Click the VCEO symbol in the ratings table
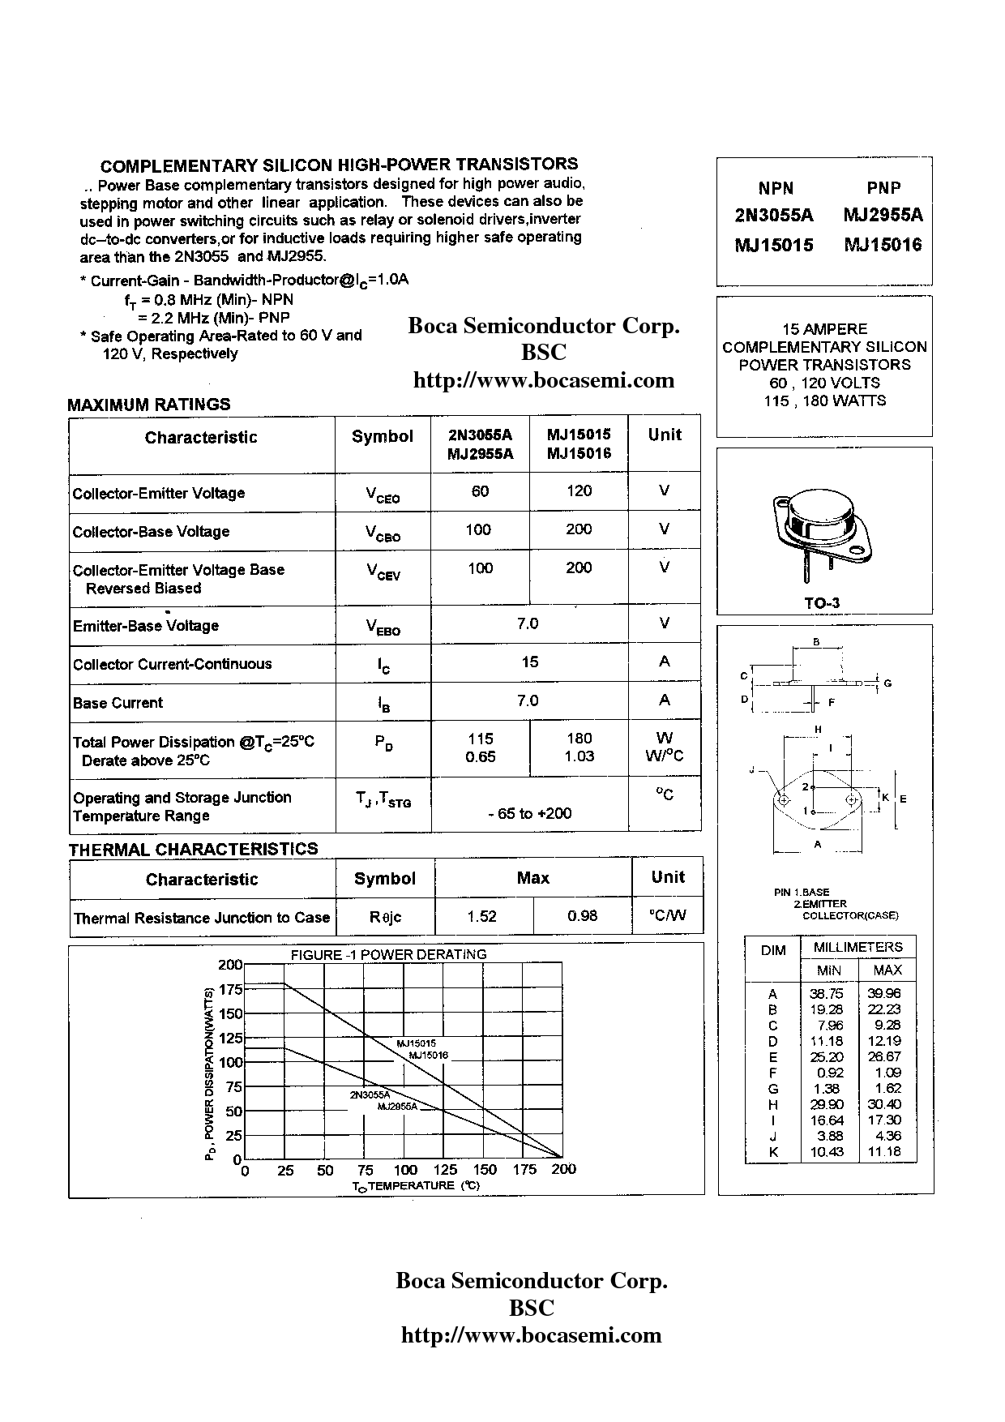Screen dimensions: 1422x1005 click(383, 494)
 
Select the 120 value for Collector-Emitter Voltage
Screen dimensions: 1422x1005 click(579, 490)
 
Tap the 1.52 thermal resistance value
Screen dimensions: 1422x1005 click(482, 916)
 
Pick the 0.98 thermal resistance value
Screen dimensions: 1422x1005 click(582, 916)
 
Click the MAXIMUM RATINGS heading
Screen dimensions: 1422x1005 click(149, 404)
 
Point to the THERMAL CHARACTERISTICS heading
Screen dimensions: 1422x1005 click(193, 849)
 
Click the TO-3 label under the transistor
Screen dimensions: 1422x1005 click(822, 603)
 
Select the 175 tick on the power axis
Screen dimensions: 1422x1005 click(231, 989)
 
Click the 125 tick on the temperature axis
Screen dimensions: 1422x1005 click(445, 1170)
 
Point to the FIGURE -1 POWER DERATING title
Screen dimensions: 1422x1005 click(388, 955)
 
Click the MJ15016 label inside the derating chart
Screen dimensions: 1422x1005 click(428, 1056)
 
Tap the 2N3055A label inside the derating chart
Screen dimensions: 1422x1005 click(370, 1094)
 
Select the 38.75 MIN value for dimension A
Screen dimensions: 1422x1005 click(826, 994)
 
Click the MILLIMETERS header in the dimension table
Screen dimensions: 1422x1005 click(857, 947)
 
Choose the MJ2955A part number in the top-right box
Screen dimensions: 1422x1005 click(883, 215)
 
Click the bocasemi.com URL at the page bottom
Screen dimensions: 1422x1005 click(532, 1335)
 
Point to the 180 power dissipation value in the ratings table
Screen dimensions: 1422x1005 click(579, 739)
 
